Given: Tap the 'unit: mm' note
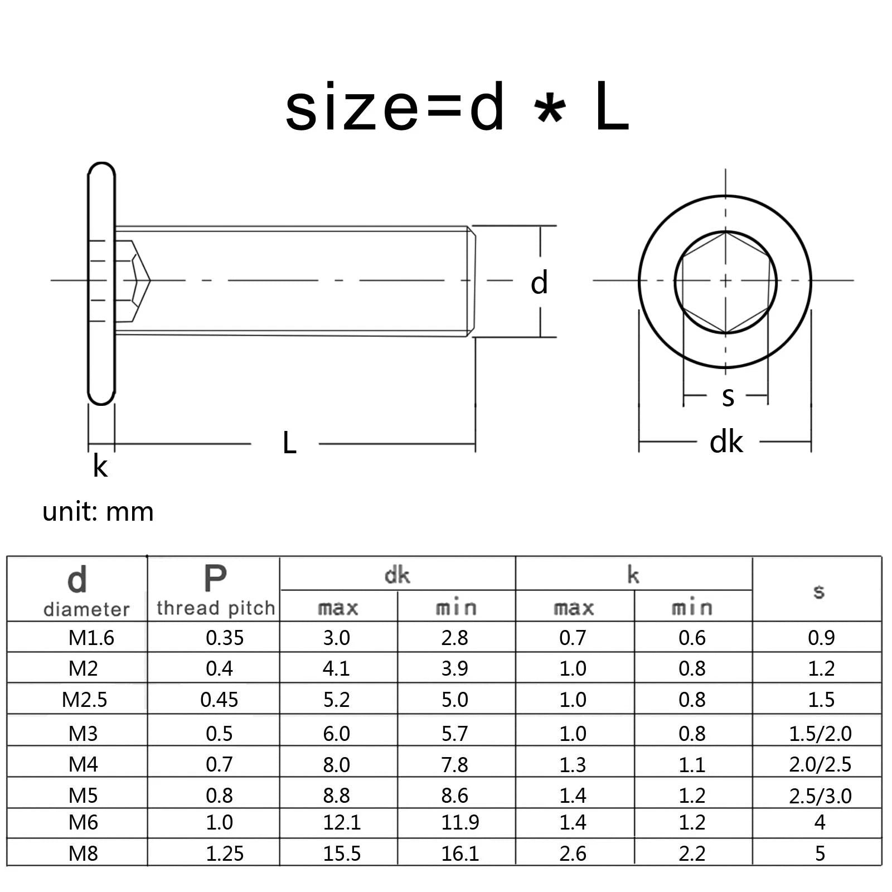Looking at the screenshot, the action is [x=98, y=512].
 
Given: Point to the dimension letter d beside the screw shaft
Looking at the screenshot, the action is [x=539, y=283].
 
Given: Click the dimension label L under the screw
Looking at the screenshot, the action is [x=289, y=443].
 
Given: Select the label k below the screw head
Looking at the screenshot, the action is [x=100, y=466].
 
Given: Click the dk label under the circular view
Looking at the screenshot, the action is [x=726, y=442].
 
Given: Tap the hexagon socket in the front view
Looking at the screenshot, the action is [x=725, y=283].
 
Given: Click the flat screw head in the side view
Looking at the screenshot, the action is [x=101, y=283].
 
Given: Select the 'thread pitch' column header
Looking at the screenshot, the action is [x=216, y=608].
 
